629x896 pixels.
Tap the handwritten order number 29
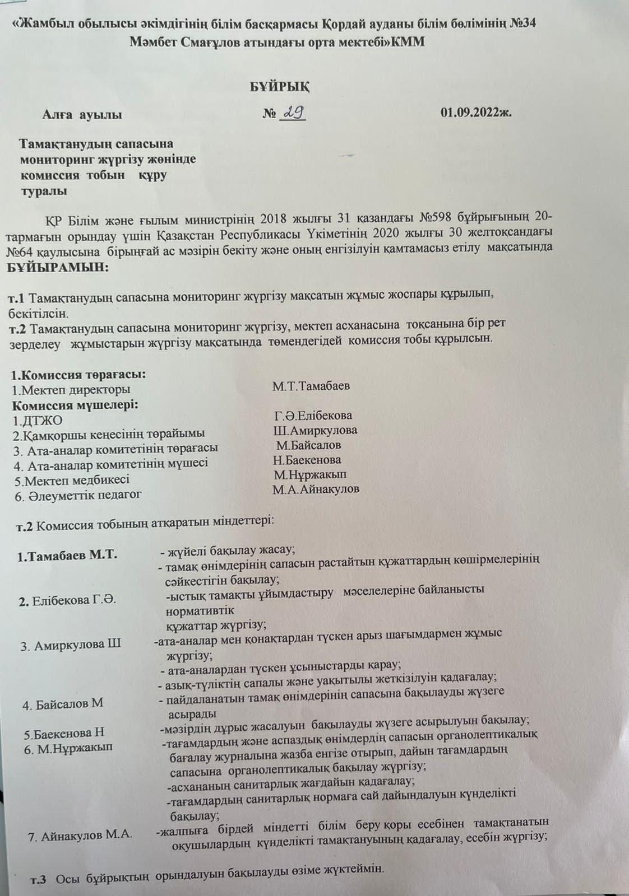pos(294,113)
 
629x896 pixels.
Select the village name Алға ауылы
pos(82,115)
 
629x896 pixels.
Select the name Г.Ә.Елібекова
pos(313,416)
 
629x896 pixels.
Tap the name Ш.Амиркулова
pos(315,430)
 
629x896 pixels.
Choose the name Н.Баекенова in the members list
pos(307,460)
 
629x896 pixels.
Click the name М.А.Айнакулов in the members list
pos(316,489)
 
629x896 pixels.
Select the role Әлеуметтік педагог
pos(78,495)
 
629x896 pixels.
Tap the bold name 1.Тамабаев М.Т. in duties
pos(67,556)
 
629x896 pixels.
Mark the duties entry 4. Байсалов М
pos(63,704)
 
